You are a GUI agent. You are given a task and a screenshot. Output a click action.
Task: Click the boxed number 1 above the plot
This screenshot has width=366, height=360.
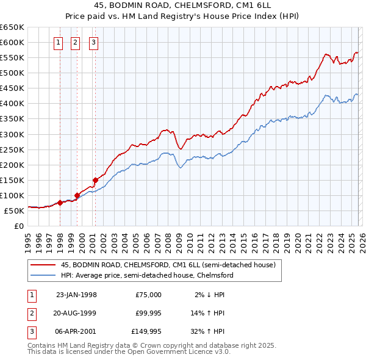pos(58,42)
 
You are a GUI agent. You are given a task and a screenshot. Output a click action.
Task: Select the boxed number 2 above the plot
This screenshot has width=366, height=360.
pos(75,42)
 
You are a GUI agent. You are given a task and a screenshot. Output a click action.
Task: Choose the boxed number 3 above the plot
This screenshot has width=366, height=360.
pos(93,42)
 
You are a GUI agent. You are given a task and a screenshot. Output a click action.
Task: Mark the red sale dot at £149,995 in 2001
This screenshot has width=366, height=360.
pos(95,180)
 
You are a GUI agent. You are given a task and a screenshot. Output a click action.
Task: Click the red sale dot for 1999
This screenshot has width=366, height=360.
pos(77,195)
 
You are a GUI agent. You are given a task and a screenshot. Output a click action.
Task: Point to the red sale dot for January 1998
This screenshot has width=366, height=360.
pos(60,203)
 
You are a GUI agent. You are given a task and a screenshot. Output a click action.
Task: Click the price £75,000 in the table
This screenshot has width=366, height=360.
pos(149,295)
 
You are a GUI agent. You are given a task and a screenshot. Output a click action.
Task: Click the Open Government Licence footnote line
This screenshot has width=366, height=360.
pos(129,352)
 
